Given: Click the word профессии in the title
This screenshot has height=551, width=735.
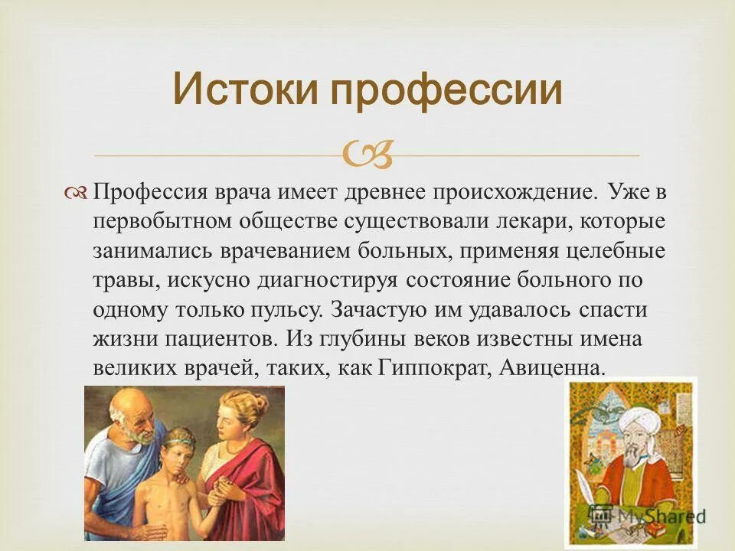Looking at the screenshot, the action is pos(446,90).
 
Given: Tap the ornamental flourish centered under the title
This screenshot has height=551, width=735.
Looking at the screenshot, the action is pos(367,155).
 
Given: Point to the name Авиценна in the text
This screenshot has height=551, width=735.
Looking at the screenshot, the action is pos(550,368).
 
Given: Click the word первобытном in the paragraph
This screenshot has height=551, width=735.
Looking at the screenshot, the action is pos(162,222).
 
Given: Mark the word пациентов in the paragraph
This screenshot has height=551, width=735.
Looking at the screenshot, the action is pos(218,340).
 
